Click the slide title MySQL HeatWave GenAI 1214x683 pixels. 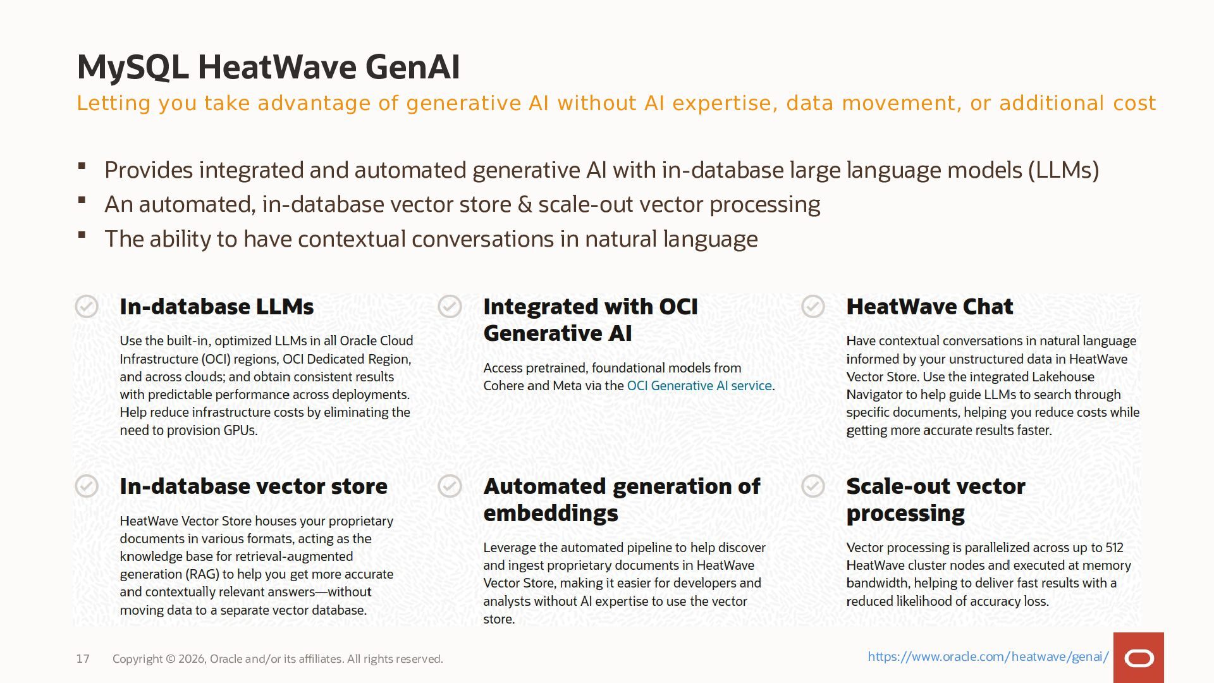(x=269, y=67)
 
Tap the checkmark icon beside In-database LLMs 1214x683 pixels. (x=87, y=306)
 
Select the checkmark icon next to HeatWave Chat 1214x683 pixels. (x=813, y=306)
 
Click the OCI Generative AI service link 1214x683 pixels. (x=699, y=386)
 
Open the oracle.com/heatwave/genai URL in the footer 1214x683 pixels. (x=988, y=656)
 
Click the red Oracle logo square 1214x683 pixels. (x=1139, y=658)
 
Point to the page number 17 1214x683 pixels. (x=83, y=659)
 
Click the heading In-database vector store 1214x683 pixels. (x=254, y=486)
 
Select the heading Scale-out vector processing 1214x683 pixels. (x=936, y=500)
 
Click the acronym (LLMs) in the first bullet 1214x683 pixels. (x=1064, y=170)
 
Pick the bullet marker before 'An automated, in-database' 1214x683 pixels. (x=82, y=200)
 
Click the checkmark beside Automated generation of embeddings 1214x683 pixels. (x=450, y=486)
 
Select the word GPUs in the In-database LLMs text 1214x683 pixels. (x=240, y=431)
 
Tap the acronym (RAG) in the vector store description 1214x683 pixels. (x=202, y=575)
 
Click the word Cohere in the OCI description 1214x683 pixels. (x=503, y=386)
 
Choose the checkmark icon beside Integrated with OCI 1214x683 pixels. (x=450, y=306)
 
